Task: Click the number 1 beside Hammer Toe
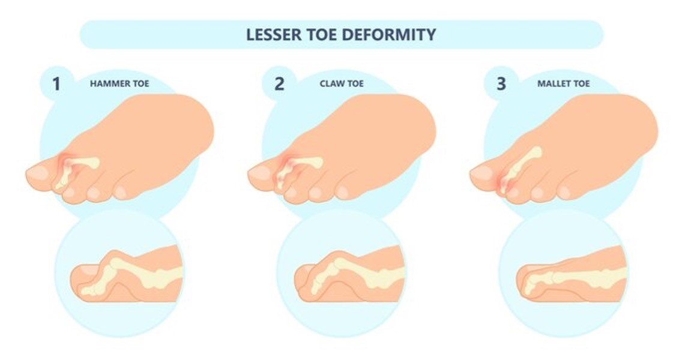[56, 84]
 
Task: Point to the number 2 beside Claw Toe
[279, 84]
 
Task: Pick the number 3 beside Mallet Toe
[501, 84]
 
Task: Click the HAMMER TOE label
[119, 83]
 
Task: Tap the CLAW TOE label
[342, 83]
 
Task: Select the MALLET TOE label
[564, 83]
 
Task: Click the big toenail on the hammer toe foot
[39, 173]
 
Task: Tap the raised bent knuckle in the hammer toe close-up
[115, 261]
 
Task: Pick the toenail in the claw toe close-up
[304, 270]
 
